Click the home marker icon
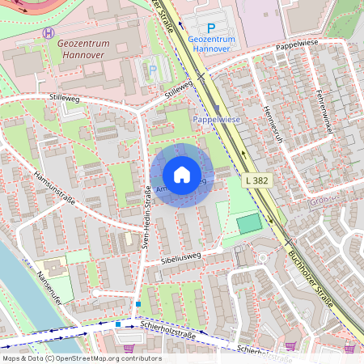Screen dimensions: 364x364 [182, 175]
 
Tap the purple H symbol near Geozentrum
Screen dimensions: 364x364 [50, 33]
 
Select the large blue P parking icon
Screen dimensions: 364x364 [211, 28]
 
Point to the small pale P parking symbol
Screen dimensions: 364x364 [153, 70]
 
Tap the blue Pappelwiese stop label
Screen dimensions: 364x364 [216, 119]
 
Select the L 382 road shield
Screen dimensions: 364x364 [255, 180]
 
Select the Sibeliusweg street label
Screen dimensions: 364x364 [180, 257]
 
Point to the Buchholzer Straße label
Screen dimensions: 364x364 [311, 280]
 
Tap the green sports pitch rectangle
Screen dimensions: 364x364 [249, 222]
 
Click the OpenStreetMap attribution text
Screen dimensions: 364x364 [82, 358]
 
